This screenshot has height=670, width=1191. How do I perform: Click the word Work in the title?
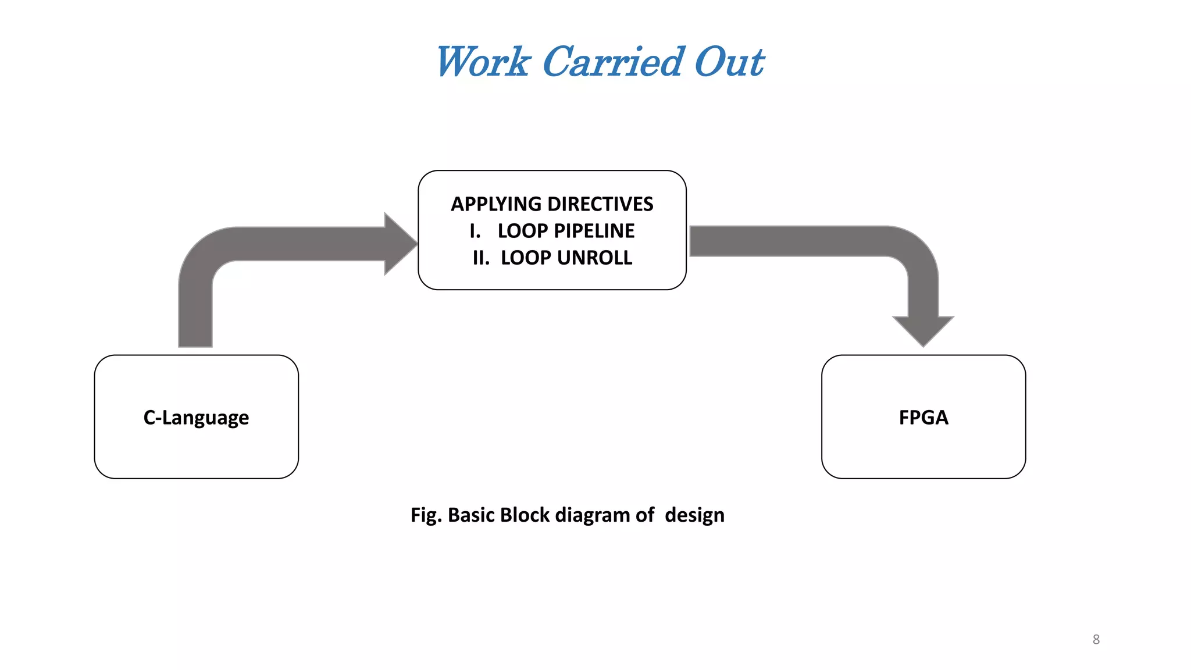click(483, 62)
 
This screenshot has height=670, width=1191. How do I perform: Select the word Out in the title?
click(729, 62)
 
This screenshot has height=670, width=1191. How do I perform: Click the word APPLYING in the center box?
click(496, 204)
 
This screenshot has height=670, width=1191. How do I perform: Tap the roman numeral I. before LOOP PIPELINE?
click(475, 231)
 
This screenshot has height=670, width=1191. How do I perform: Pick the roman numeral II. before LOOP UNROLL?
click(481, 258)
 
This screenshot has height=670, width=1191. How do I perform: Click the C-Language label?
click(196, 418)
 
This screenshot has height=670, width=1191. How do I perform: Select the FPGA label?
click(923, 418)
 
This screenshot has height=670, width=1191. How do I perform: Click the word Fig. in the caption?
click(426, 515)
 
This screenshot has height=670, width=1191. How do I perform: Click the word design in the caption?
click(694, 515)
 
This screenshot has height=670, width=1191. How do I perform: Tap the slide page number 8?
click(1096, 639)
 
